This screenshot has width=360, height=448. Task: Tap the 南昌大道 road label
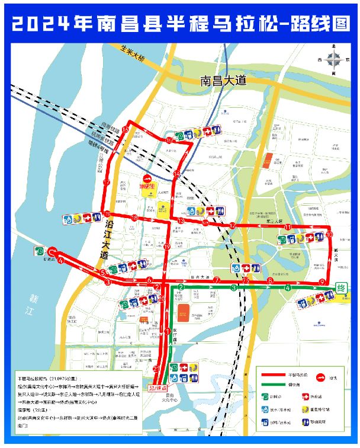point(223,79)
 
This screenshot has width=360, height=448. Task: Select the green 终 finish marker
point(341,287)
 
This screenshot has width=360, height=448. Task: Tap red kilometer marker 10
point(329,235)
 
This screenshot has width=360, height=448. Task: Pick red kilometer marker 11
point(288,227)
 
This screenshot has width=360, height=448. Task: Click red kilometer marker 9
point(322,281)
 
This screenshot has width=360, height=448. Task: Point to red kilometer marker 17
point(107,182)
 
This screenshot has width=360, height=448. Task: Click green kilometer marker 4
point(288,288)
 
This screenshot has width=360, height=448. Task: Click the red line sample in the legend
point(272,375)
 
